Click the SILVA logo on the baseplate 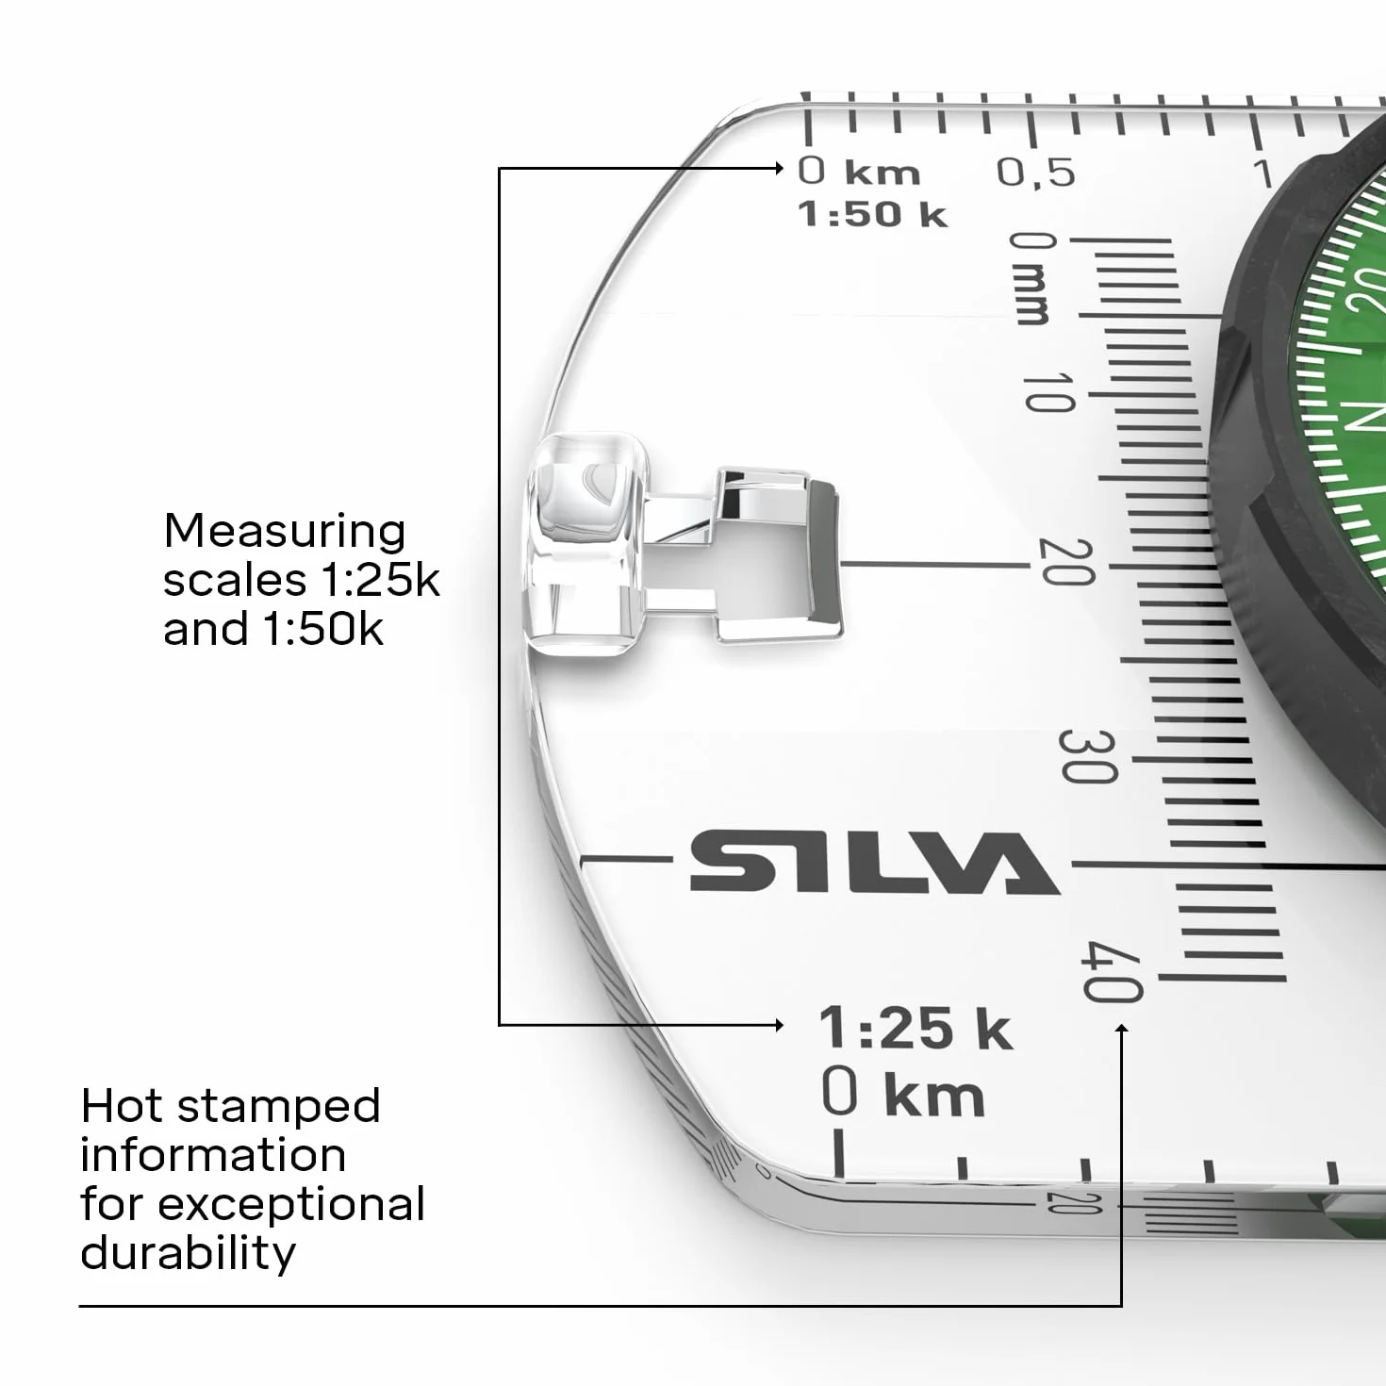(x=875, y=863)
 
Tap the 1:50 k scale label (x=872, y=214)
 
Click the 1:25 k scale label (x=916, y=1028)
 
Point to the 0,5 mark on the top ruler (x=1035, y=173)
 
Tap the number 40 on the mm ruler (x=1112, y=971)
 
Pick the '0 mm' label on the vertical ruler (x=1031, y=277)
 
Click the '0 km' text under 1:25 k (x=902, y=1094)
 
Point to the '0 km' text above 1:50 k (x=859, y=172)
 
